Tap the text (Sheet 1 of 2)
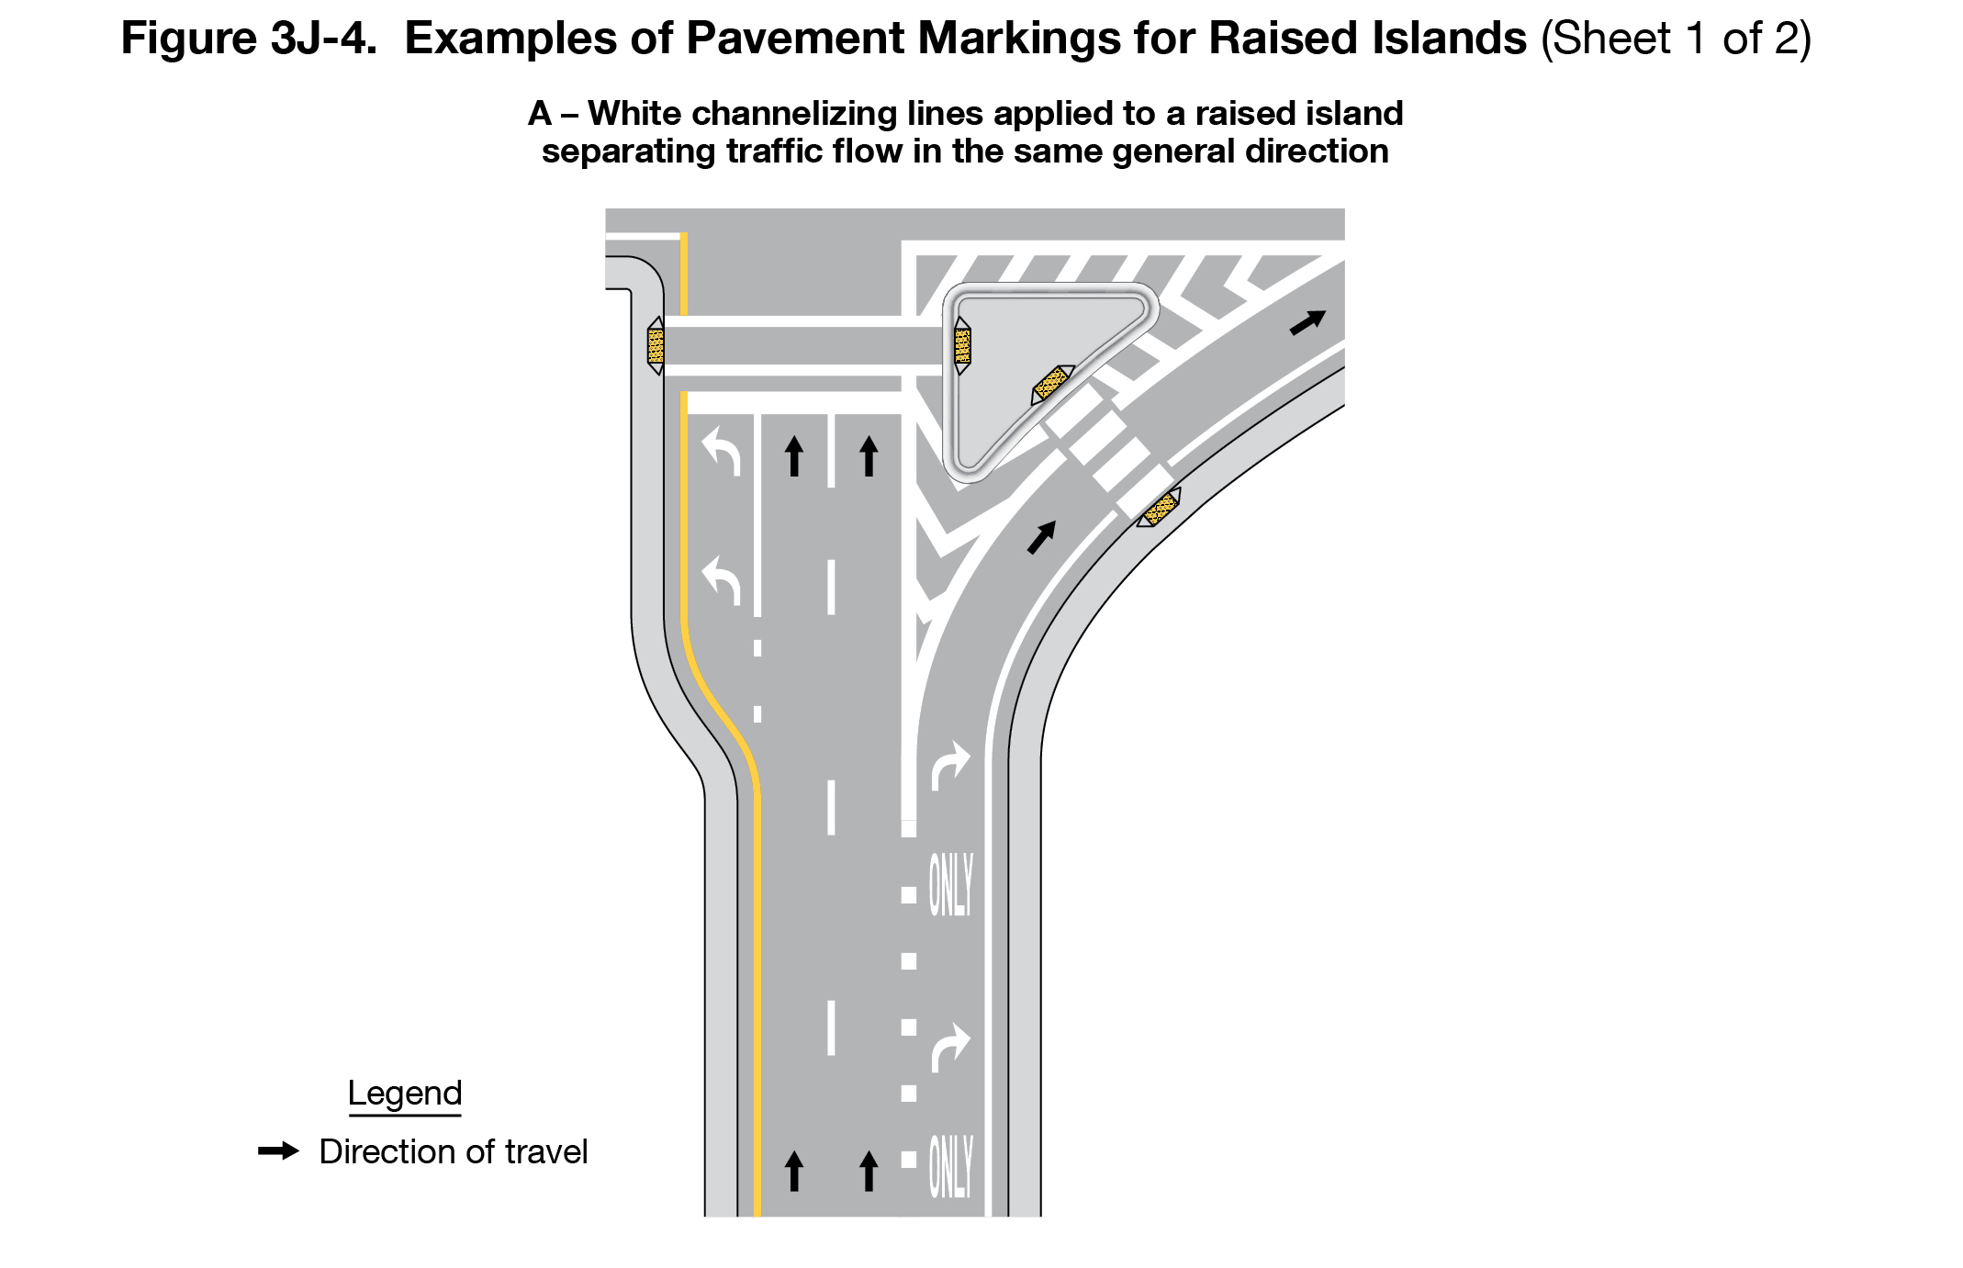(x=1676, y=39)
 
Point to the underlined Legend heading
(x=405, y=1094)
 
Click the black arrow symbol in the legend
(x=278, y=1151)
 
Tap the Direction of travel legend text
(x=453, y=1152)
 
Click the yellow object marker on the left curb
(x=656, y=345)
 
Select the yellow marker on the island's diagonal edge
(x=1052, y=383)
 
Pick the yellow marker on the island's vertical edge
(x=962, y=345)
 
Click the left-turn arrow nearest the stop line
(x=722, y=453)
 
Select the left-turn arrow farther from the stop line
(x=722, y=580)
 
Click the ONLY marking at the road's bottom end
(x=950, y=1166)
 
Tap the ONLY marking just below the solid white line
(x=950, y=884)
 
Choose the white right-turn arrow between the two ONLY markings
(x=950, y=1047)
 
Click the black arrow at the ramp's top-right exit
(x=1307, y=322)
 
